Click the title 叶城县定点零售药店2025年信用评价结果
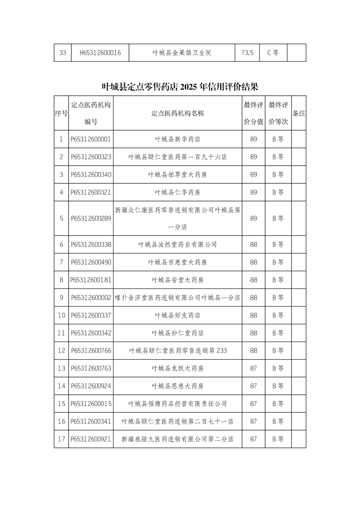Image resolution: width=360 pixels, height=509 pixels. click(180, 86)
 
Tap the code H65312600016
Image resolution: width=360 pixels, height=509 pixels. click(100, 53)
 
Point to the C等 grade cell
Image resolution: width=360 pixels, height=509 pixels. click(273, 53)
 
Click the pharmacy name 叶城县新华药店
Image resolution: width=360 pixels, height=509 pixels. click(178, 139)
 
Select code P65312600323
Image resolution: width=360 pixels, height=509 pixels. click(91, 157)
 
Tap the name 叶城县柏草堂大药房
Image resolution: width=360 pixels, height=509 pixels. click(178, 175)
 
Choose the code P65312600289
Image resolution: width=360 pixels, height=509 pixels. click(91, 218)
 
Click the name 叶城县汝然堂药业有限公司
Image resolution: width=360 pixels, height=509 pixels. click(178, 245)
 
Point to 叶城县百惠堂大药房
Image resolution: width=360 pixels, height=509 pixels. click(178, 262)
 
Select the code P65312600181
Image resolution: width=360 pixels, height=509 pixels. click(91, 280)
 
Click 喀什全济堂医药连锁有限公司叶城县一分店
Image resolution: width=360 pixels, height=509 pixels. click(178, 298)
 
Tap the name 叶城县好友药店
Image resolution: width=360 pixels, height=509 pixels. click(178, 315)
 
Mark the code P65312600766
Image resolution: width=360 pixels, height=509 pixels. click(91, 351)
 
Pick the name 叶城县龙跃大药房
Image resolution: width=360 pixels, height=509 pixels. click(178, 368)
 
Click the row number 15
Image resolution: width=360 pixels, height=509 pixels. click(61, 404)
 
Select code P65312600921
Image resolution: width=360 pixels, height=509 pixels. click(91, 439)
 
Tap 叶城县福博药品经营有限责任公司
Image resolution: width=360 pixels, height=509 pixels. click(178, 404)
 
